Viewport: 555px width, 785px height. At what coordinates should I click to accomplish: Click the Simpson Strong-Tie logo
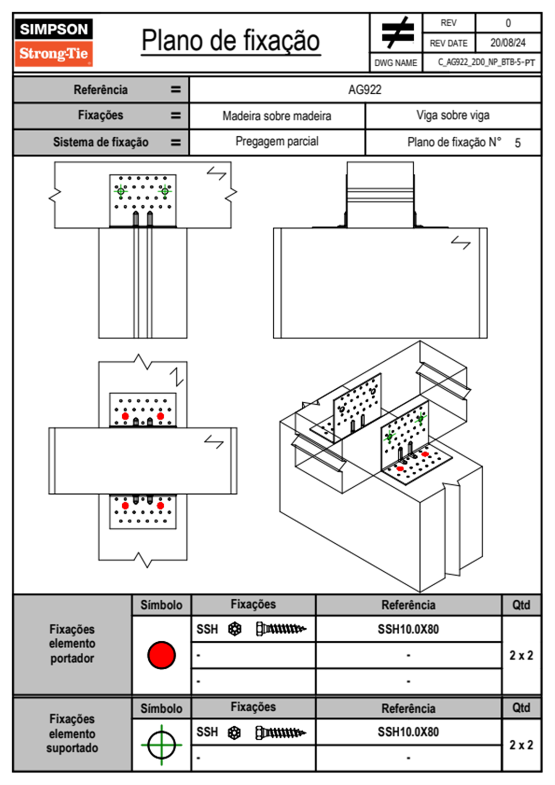[x=54, y=42]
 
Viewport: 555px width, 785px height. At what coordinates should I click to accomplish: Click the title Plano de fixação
[x=230, y=41]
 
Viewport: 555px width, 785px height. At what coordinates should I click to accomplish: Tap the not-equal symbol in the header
[x=397, y=33]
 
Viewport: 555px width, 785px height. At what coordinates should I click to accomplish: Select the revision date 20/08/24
[x=507, y=43]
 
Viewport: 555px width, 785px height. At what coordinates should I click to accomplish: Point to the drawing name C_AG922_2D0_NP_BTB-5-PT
[x=486, y=63]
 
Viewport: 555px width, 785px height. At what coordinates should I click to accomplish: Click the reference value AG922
[x=365, y=90]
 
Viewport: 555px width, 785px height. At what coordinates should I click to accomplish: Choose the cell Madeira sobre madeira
[x=277, y=116]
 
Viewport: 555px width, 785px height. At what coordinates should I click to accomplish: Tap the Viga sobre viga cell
[x=453, y=115]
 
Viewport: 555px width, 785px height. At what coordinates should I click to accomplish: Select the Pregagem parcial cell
[x=277, y=141]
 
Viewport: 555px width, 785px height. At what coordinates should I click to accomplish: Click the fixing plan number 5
[x=517, y=143]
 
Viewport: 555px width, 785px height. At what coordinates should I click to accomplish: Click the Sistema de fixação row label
[x=101, y=142]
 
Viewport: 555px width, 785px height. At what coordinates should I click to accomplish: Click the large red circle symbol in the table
[x=161, y=655]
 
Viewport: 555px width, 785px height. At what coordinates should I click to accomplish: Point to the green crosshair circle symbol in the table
[x=161, y=745]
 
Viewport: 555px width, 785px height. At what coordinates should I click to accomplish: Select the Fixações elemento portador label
[x=72, y=644]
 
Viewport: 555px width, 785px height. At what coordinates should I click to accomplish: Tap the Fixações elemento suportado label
[x=72, y=733]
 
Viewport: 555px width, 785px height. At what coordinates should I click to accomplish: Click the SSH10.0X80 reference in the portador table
[x=408, y=629]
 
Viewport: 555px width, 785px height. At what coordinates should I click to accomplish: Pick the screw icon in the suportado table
[x=280, y=733]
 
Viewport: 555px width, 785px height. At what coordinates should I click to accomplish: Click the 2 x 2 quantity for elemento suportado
[x=521, y=745]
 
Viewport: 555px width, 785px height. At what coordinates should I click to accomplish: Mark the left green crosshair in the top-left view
[x=121, y=191]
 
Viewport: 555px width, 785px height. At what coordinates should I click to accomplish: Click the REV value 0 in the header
[x=508, y=23]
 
